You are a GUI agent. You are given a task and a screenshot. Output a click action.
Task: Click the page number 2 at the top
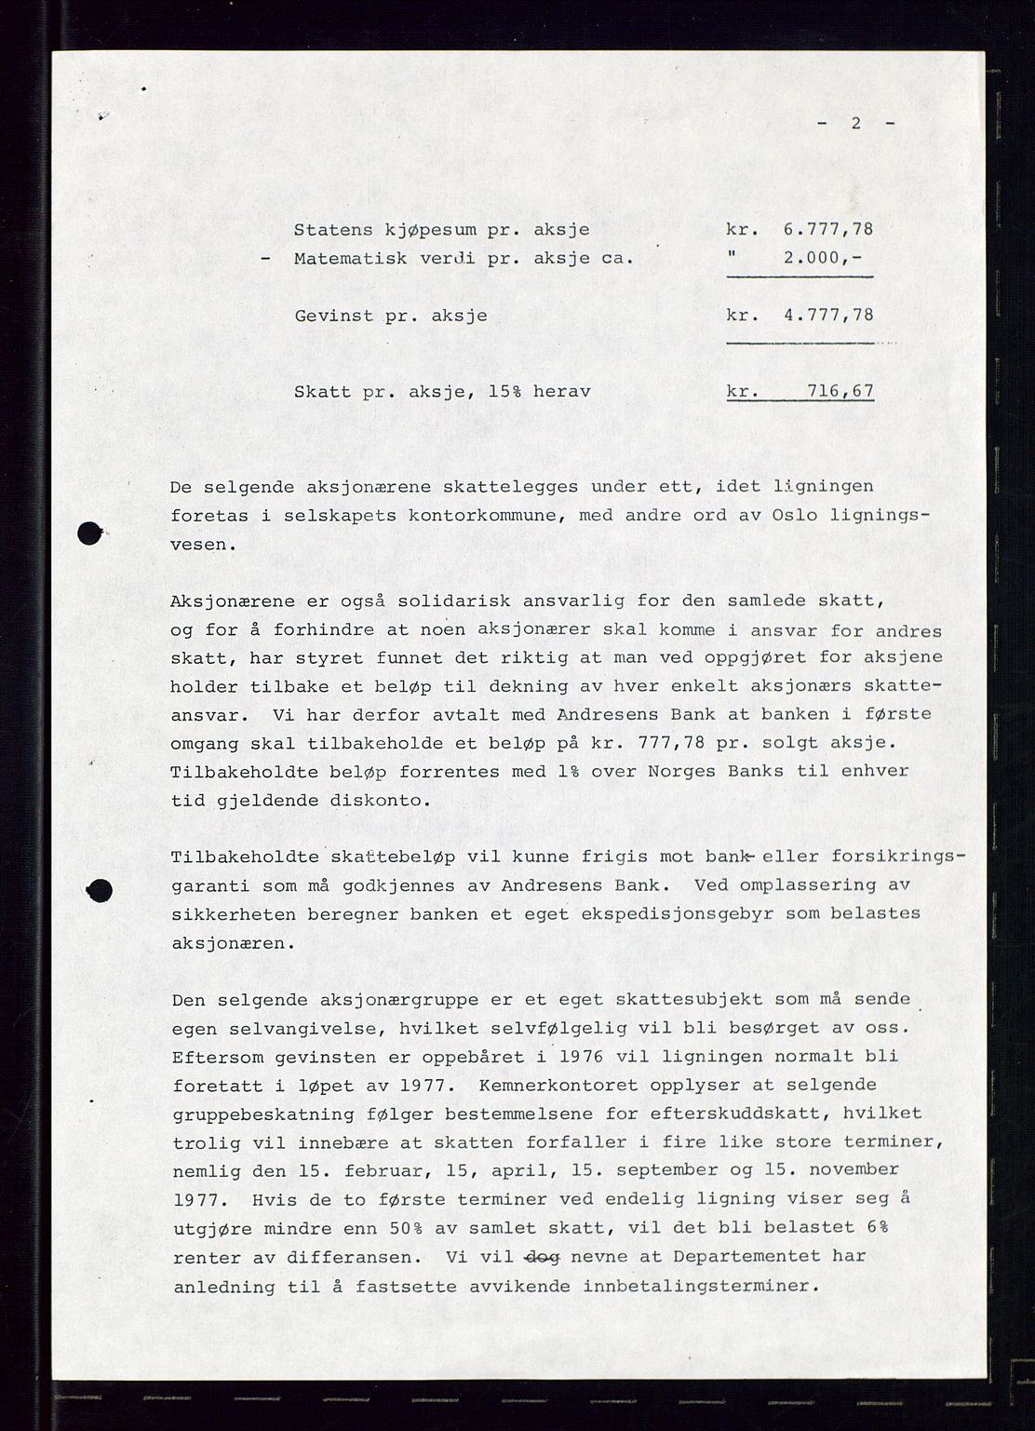coord(855,123)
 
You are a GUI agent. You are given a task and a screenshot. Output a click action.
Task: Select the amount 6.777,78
coord(828,229)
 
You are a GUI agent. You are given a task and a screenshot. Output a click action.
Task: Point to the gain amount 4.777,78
coord(828,315)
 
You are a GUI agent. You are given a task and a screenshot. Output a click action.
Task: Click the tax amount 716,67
coord(840,391)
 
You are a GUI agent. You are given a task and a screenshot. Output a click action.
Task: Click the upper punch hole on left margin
coord(89,533)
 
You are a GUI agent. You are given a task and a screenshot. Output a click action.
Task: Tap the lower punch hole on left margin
coord(100,890)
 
